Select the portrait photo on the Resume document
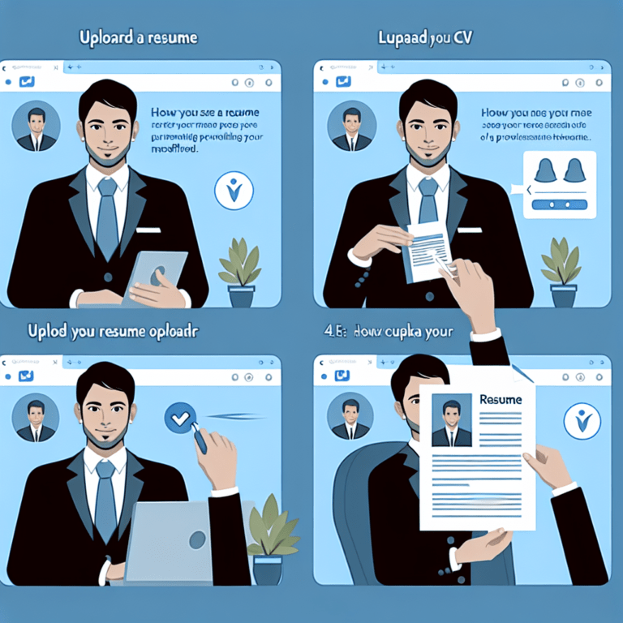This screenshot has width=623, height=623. [452, 420]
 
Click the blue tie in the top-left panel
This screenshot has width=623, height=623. [107, 219]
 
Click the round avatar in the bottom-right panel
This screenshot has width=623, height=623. [350, 417]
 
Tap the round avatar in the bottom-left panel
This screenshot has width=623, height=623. [36, 417]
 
